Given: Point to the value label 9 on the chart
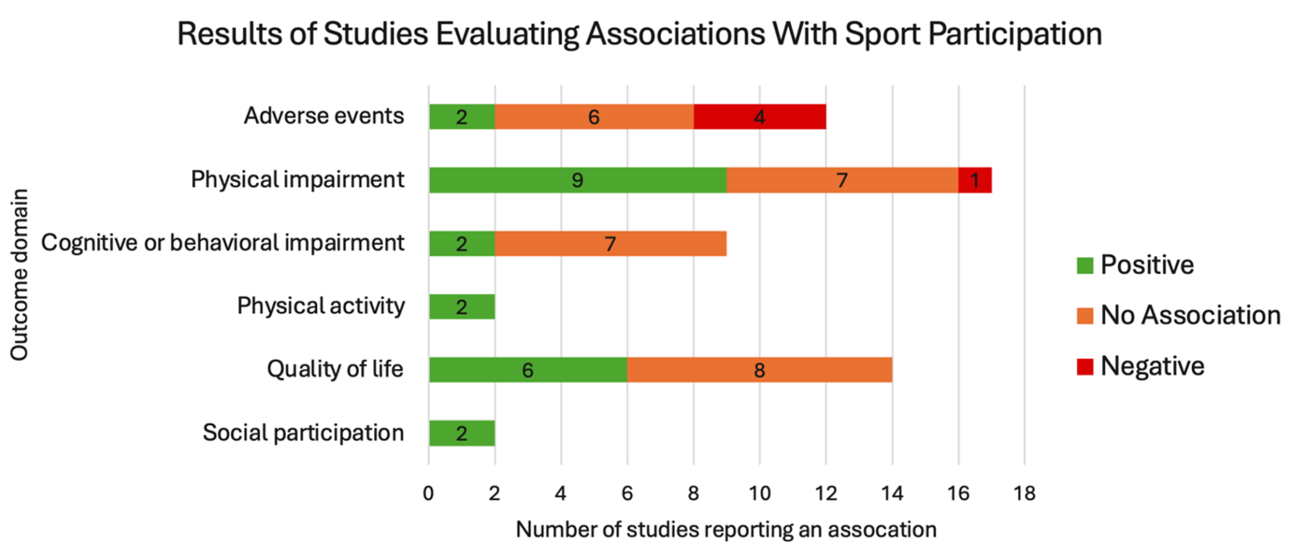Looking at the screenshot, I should pos(578,180).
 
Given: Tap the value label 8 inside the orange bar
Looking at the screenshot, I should pos(759,370).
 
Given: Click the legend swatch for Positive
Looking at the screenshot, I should pos(1085,266).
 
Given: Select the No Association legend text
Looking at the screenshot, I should pos(1190,315).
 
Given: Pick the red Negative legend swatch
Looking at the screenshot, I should pos(1085,366).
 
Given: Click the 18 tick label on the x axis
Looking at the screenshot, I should pos(1024,494).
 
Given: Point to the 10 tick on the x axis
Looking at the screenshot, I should pos(759,494).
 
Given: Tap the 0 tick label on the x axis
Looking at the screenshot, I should pos(428,494).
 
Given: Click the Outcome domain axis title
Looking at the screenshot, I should pos(19,275).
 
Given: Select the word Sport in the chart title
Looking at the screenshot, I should pos(882,34).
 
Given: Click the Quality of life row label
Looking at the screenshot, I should pos(335,369).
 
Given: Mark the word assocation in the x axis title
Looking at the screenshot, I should pos(882,530).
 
